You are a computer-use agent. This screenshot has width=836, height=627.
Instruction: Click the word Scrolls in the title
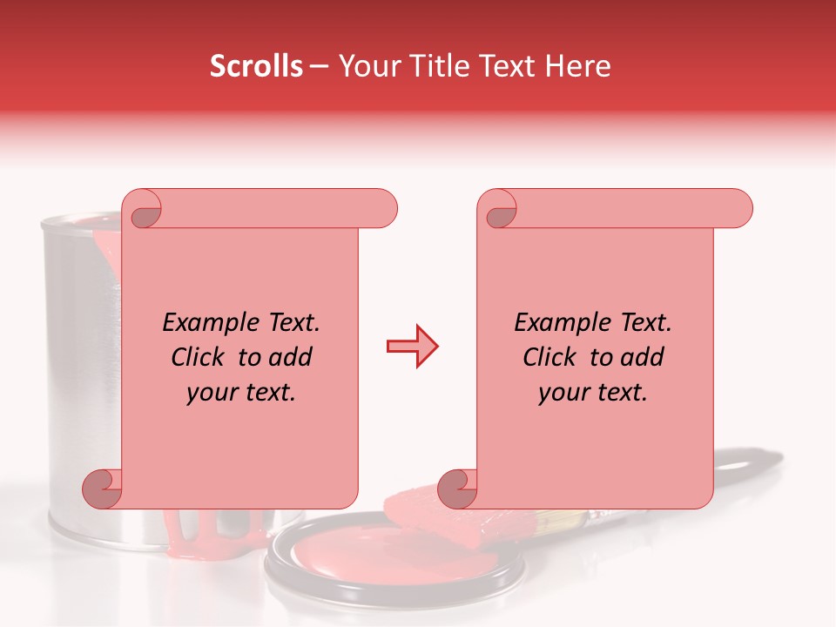tap(256, 66)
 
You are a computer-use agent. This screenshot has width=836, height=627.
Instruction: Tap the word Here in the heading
tap(578, 66)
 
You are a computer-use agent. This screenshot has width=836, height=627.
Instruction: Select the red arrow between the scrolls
tap(412, 347)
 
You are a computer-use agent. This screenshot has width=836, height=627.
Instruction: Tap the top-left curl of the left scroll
tap(145, 212)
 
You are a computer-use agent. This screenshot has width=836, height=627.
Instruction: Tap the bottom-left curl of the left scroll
tap(103, 489)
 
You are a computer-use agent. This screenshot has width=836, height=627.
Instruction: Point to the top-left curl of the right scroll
tap(500, 212)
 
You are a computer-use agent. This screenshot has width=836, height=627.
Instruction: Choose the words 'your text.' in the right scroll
tap(593, 392)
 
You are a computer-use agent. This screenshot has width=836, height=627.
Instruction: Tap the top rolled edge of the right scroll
tap(627, 208)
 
